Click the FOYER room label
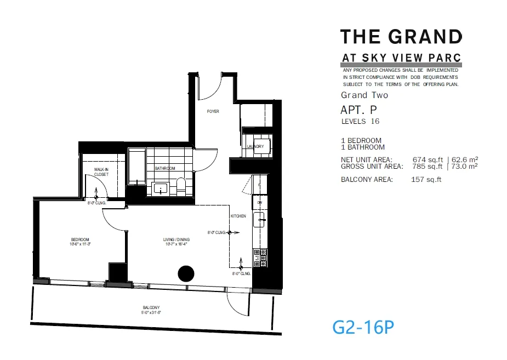click(x=213, y=111)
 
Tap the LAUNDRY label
click(x=255, y=147)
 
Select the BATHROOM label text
click(x=164, y=168)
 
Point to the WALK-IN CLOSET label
click(x=101, y=172)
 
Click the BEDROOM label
click(x=80, y=239)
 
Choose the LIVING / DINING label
click(x=176, y=239)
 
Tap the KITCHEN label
click(x=238, y=216)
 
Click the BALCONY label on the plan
click(x=151, y=308)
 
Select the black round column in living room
click(x=186, y=273)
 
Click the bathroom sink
click(x=160, y=188)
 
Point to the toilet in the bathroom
click(x=181, y=185)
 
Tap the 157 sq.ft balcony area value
click(x=426, y=179)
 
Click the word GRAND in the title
click(x=425, y=37)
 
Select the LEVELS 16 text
click(x=360, y=121)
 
